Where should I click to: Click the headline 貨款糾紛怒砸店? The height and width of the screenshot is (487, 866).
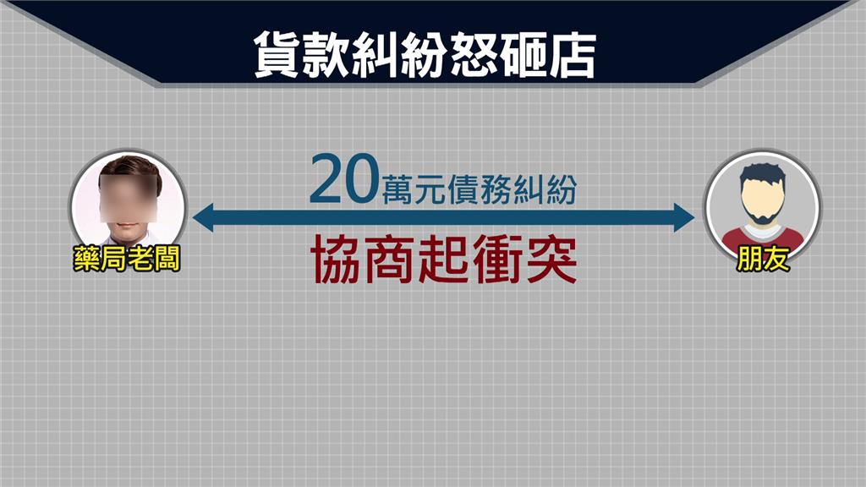tap(425, 54)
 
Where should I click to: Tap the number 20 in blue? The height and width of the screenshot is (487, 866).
tap(344, 179)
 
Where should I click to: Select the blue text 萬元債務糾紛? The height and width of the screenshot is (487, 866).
tap(480, 189)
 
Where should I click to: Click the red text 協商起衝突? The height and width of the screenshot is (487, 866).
tap(444, 259)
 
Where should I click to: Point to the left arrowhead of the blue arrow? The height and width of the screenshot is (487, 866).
tap(203, 217)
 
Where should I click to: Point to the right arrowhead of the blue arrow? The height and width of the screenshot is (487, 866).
tap(684, 217)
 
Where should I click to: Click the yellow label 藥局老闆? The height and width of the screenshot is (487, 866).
tap(127, 259)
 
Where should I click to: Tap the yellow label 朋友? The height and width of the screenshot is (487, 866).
tap(762, 259)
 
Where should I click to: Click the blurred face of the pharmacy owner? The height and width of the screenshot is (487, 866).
tap(129, 200)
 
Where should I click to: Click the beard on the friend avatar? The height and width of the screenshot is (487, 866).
tap(762, 212)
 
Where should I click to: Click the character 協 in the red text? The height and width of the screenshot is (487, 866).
tap(337, 259)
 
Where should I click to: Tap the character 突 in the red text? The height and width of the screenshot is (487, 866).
tap(552, 259)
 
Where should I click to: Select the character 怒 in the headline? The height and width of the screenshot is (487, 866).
tap(474, 54)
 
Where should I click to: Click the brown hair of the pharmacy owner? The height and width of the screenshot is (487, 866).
tap(130, 167)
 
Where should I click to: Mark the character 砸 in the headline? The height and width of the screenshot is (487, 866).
tap(523, 54)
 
